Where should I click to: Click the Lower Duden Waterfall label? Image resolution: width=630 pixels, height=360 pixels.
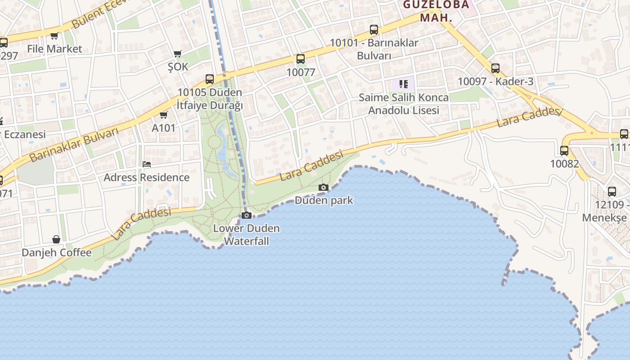pos(246,234)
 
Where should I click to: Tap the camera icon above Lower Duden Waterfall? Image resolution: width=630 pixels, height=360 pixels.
pos(246,215)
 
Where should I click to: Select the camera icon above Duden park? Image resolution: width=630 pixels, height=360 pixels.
pos(323,187)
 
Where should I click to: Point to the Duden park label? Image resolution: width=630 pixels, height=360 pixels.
pos(324,200)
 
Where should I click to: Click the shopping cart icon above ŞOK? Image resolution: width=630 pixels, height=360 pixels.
pos(178,54)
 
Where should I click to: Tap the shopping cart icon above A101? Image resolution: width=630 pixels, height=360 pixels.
pos(163,115)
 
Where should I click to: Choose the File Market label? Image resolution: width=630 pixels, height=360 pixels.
pos(54,49)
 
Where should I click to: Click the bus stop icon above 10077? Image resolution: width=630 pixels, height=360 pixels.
pos(300,59)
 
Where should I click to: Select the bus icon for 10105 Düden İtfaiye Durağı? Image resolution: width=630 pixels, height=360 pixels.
pos(209,79)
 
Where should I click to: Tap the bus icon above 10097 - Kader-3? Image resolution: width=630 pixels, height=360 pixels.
pos(495,68)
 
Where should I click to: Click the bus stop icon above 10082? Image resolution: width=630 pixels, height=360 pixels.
pos(564,151)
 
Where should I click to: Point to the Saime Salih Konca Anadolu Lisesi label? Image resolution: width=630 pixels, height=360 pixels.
pos(403,103)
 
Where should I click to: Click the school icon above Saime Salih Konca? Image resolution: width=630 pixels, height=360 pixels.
pos(403,84)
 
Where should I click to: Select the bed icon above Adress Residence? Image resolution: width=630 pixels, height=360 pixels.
pos(146,164)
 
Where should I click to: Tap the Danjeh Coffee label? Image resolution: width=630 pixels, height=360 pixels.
pos(56,252)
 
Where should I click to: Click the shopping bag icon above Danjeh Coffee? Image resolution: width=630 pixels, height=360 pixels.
pos(56,239)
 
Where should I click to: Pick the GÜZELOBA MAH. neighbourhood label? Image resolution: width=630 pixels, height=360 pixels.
pos(436,11)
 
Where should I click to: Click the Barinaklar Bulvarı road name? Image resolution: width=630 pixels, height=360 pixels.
pos(74,144)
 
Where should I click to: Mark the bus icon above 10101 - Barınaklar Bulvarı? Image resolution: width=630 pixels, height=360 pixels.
pos(373,30)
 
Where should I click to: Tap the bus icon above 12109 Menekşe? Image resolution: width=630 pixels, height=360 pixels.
pos(612,191)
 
